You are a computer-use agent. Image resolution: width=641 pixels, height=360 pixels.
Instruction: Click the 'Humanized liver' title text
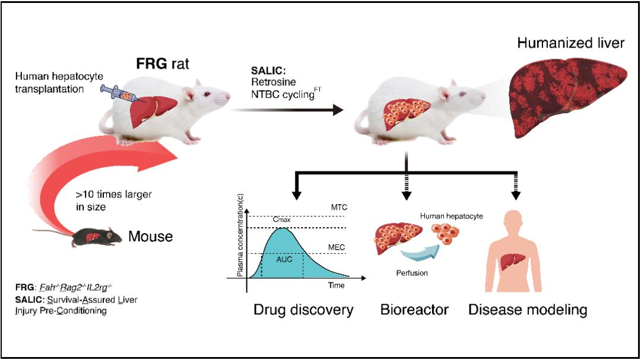(570, 43)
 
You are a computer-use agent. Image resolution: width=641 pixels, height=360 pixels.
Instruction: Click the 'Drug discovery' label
(303, 310)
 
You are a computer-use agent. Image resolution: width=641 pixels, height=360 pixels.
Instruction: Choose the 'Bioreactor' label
(414, 310)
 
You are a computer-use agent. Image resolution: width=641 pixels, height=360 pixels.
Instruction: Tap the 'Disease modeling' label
(528, 310)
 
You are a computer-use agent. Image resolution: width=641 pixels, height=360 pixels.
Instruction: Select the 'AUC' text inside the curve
(284, 259)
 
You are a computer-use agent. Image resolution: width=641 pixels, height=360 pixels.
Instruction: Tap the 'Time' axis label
(337, 285)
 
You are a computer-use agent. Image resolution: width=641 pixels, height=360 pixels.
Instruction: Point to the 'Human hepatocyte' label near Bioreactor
(451, 216)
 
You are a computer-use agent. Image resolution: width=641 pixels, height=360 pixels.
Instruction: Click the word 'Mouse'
(151, 237)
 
